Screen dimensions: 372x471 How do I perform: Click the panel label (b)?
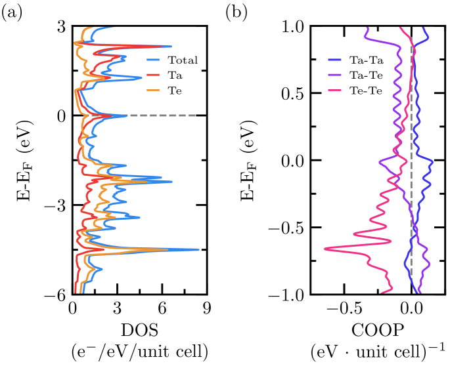click(x=238, y=11)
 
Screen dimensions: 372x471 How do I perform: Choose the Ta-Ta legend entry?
click(x=366, y=60)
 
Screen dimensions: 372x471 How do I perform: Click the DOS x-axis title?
click(x=139, y=327)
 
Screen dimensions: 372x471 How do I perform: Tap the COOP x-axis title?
click(x=378, y=327)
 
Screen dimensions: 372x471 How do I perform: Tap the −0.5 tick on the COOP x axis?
click(x=337, y=308)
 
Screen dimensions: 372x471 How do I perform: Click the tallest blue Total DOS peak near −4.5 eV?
click(x=198, y=249)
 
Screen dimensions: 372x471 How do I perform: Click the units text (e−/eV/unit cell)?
click(x=139, y=352)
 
